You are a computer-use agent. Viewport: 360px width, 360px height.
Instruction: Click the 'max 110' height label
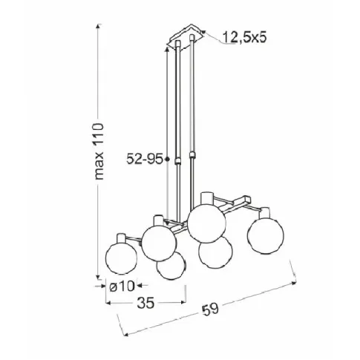(x=99, y=151)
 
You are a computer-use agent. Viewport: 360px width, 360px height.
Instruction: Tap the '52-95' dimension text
(x=145, y=159)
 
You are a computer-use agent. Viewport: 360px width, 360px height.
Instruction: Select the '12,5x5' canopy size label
(x=245, y=37)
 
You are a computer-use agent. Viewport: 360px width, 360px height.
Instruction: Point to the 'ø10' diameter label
(x=122, y=286)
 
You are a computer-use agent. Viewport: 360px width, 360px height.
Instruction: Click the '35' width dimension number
(x=145, y=302)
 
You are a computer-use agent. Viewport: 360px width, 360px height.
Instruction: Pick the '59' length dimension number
(x=211, y=309)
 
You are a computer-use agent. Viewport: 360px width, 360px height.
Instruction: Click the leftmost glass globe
(x=121, y=258)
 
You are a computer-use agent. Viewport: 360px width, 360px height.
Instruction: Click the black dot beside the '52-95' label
(x=167, y=159)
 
